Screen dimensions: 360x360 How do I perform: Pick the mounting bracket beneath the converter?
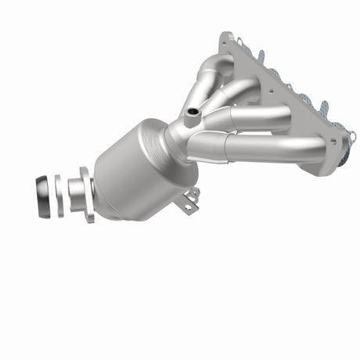tap(188, 200)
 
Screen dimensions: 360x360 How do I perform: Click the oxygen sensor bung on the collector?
tap(190, 119)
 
